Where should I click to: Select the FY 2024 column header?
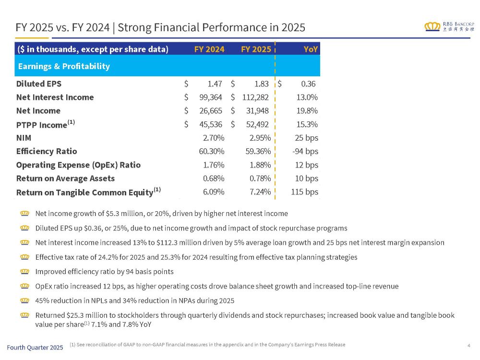coord(209,49)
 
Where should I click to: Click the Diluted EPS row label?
coord(39,84)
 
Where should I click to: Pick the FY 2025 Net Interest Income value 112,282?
coord(252,97)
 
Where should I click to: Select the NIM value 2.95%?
coord(260,138)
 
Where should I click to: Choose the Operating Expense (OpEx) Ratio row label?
coord(78,165)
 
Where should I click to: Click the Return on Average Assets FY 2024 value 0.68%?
coord(211,179)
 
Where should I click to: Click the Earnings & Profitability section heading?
coord(63,66)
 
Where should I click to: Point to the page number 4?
coord(468,345)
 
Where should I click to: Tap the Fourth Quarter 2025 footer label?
coord(35,347)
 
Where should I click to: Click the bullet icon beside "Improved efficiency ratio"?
coord(25,272)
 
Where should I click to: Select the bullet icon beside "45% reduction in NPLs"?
coord(25,301)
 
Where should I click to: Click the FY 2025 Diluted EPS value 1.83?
coord(261,84)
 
